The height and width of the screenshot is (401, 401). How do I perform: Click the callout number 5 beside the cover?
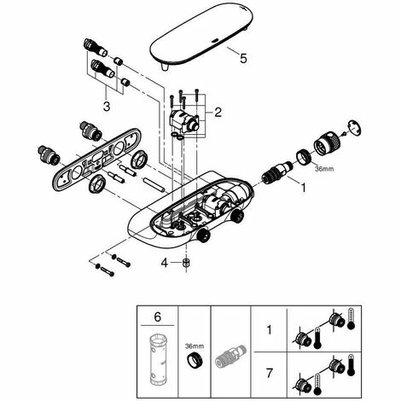point(243,59)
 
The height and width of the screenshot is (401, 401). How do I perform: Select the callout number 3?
point(107,107)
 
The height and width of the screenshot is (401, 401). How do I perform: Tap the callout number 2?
point(218,113)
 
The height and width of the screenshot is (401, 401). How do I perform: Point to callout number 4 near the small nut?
point(165,263)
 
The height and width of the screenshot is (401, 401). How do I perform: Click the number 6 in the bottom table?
point(157,317)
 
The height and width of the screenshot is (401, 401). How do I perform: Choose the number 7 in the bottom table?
point(269,373)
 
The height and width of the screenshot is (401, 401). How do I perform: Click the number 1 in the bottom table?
point(269,330)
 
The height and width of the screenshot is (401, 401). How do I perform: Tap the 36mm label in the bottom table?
point(195,346)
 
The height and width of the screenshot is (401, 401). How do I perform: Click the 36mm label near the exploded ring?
point(324,169)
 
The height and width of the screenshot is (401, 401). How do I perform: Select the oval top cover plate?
point(202,36)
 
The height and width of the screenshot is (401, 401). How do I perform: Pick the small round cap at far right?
point(354,128)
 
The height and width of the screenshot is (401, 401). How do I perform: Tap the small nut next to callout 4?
point(186,263)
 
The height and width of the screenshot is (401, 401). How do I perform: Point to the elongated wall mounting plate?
point(96,160)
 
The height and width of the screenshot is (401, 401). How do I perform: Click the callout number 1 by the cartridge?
point(304,188)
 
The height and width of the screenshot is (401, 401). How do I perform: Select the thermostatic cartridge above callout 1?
point(276,173)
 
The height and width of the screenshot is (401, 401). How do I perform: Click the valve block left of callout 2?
point(184,121)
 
